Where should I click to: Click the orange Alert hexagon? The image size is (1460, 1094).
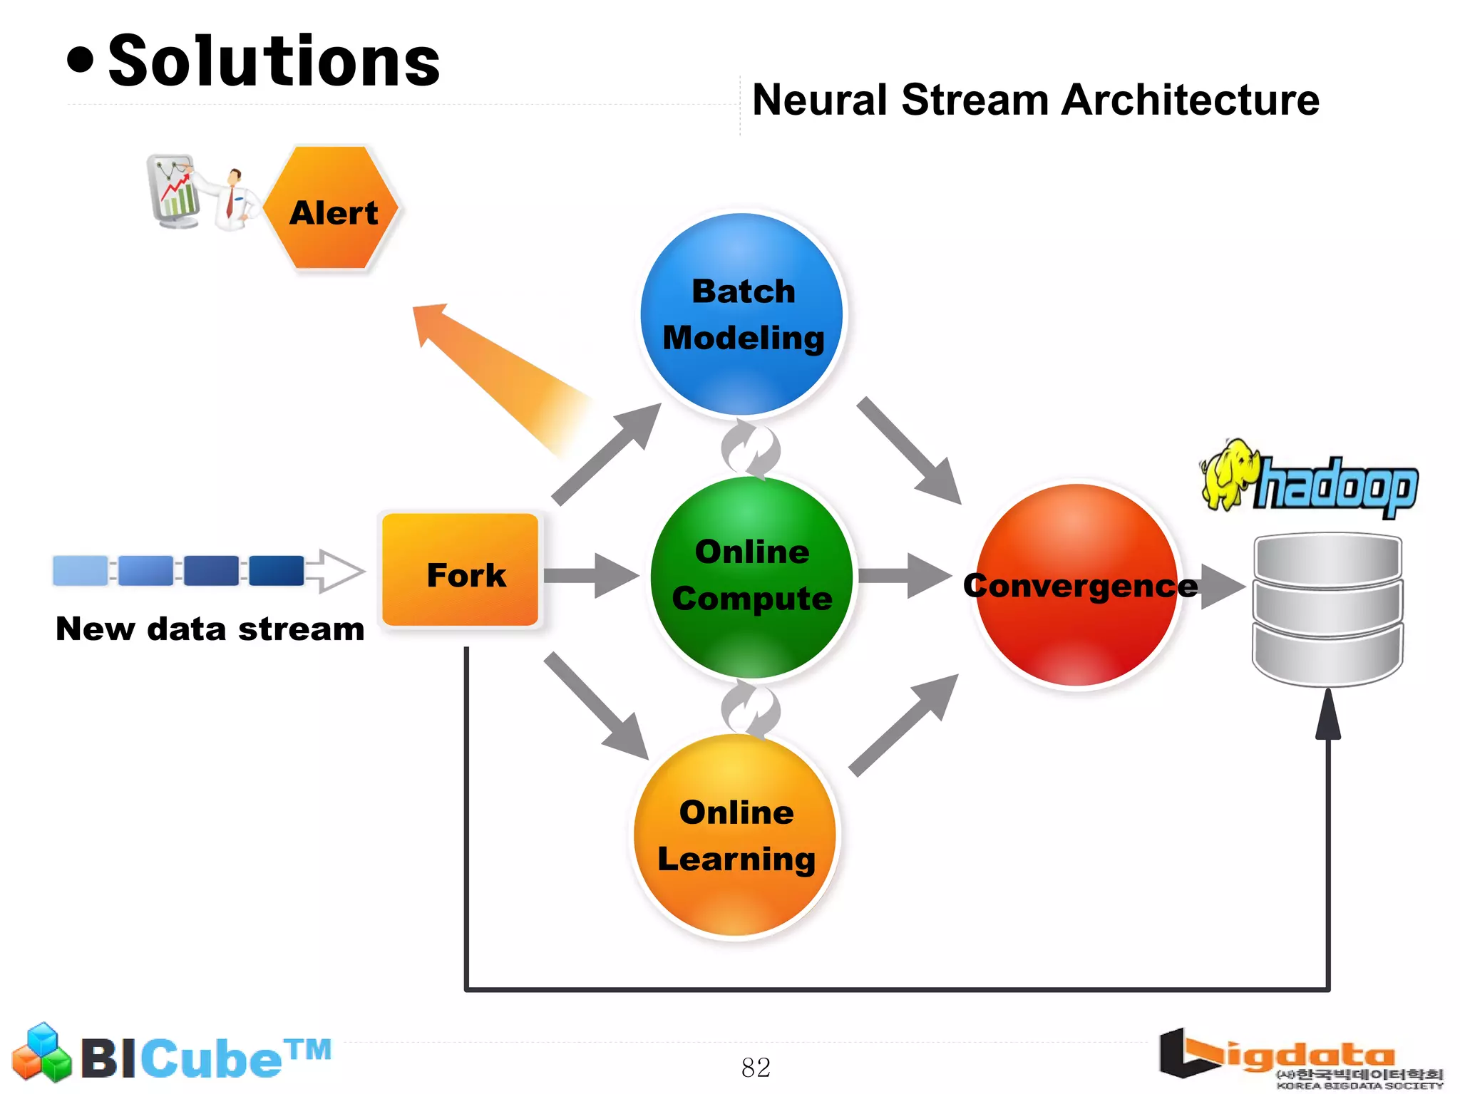click(x=331, y=208)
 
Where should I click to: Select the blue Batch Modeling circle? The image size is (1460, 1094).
click(x=741, y=314)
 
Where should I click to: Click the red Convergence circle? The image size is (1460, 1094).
click(x=1076, y=584)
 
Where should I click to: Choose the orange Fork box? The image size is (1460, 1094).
click(x=461, y=570)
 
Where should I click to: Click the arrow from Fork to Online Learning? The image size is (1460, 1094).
click(x=596, y=706)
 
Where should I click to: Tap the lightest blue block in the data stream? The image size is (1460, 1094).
click(x=80, y=571)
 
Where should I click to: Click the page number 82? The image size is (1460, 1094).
click(x=756, y=1068)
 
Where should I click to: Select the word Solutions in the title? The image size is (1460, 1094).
click(x=274, y=63)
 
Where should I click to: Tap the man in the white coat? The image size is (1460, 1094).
click(x=235, y=200)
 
